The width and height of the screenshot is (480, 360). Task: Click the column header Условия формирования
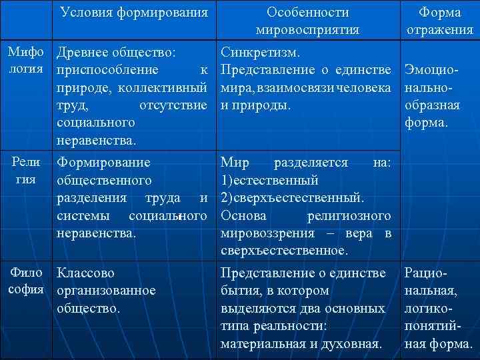point(133,12)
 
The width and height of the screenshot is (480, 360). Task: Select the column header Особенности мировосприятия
point(307,21)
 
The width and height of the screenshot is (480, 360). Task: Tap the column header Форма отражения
point(439,21)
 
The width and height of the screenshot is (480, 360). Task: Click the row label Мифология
point(25,60)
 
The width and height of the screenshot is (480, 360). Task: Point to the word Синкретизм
point(261,52)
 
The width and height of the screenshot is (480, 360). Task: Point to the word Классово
point(86,273)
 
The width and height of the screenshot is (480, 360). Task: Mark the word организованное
point(107,291)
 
